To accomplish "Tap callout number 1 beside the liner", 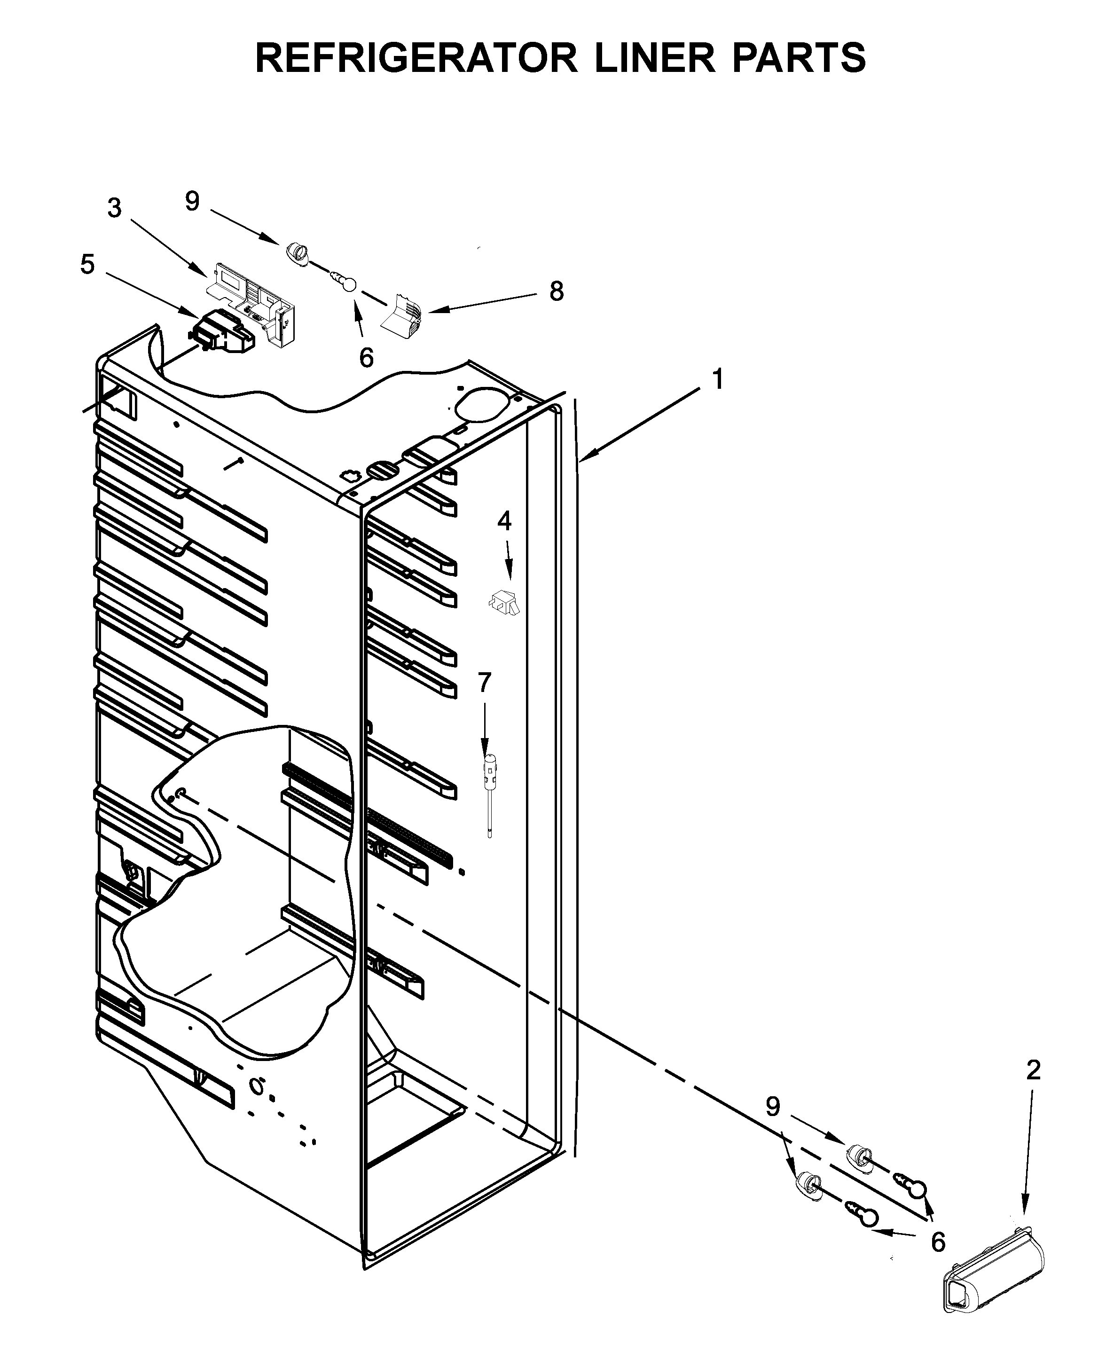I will (x=718, y=379).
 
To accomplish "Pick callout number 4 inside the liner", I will (x=504, y=521).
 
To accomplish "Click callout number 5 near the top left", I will (x=87, y=264).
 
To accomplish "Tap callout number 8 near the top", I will (x=557, y=291).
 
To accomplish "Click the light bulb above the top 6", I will (x=345, y=282).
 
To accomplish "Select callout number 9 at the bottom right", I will (x=773, y=1107).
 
